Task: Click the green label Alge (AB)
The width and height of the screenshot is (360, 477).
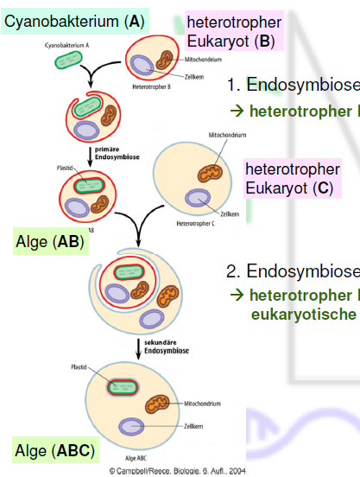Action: point(49,242)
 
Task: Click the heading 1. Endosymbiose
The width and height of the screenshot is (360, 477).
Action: point(292,85)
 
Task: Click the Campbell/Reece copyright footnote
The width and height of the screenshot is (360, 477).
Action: point(177,471)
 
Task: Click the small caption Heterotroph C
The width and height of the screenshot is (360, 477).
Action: point(195,224)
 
